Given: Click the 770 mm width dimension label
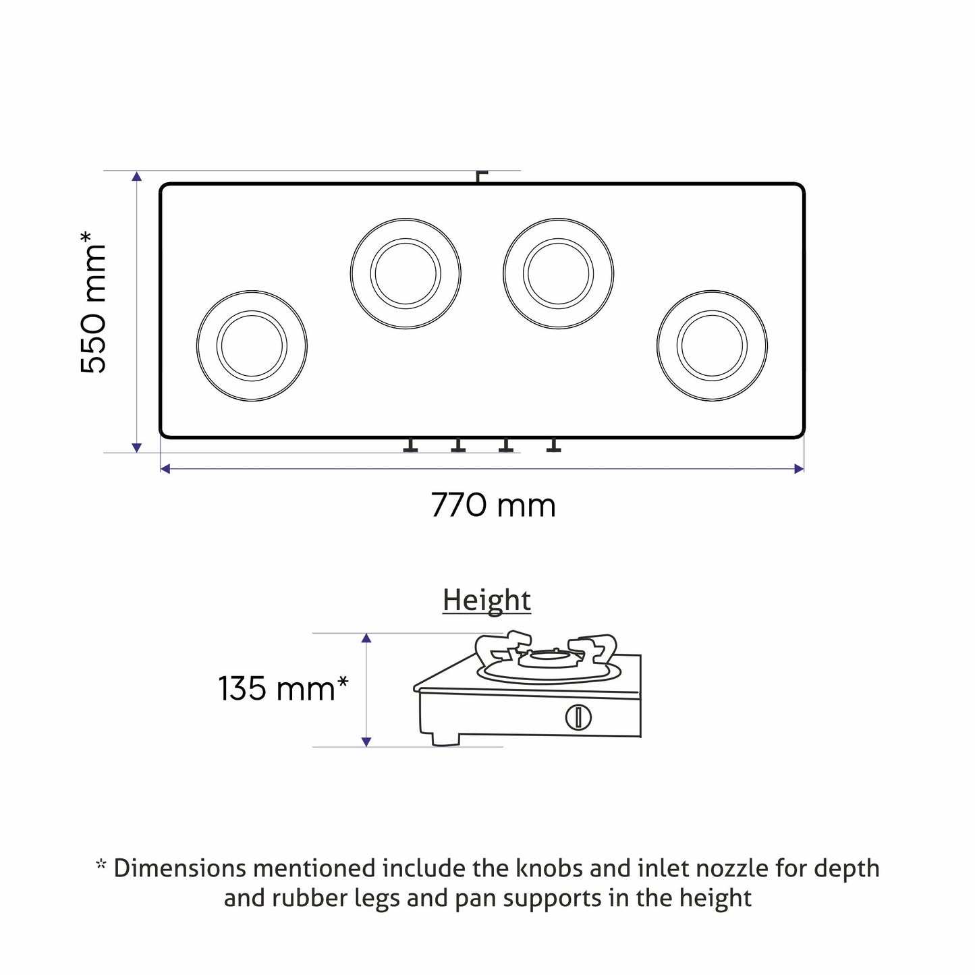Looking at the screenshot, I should [493, 505].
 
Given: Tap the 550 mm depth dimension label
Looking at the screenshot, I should [94, 302].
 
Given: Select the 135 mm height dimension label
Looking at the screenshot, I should [283, 689].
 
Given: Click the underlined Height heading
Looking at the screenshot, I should [486, 601].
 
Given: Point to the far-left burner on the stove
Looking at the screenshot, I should [252, 346].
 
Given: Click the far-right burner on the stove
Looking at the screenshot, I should [712, 346].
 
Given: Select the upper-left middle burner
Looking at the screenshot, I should [406, 274].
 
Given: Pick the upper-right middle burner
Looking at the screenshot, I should [559, 274].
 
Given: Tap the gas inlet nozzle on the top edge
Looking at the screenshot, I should [480, 177].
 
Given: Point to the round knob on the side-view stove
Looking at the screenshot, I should [578, 717].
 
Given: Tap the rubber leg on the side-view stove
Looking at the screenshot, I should [444, 740].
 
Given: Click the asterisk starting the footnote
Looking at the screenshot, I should [101, 864].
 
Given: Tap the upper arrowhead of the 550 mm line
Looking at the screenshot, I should [137, 177].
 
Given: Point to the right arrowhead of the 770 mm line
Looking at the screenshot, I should [800, 468].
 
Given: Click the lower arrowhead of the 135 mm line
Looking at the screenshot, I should [366, 742].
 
